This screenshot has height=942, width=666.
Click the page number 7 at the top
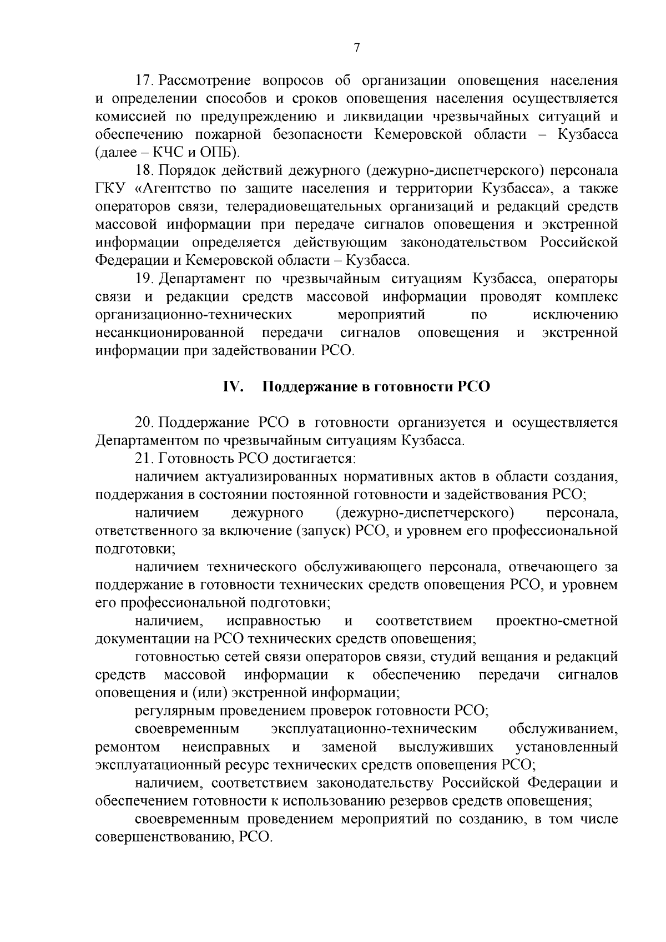point(357,48)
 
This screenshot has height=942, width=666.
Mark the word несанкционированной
point(170,333)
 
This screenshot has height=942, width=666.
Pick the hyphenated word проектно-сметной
point(557,621)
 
